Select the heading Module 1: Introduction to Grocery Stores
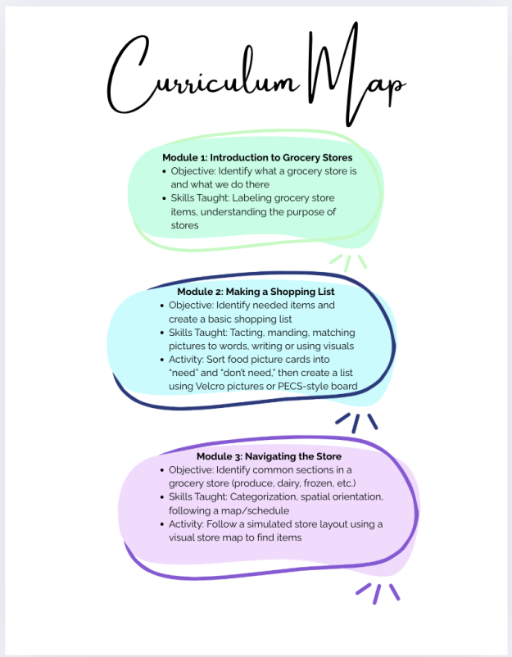click(257, 157)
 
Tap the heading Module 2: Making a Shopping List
click(256, 291)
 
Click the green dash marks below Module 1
click(348, 262)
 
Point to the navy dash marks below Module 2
click(357, 422)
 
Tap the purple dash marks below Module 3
click(378, 592)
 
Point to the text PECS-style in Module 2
click(305, 386)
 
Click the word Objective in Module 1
click(194, 171)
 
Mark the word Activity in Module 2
click(186, 359)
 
